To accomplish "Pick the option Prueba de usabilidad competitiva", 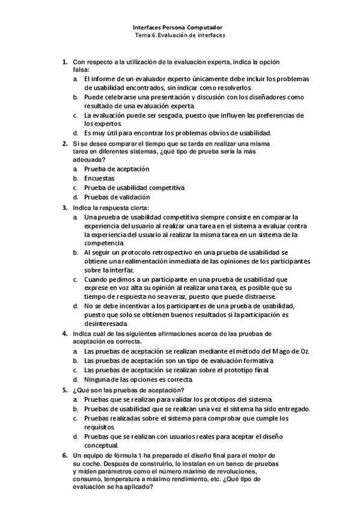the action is (134, 188).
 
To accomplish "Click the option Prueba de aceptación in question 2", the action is (117, 170).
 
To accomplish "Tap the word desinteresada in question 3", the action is (105, 324).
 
